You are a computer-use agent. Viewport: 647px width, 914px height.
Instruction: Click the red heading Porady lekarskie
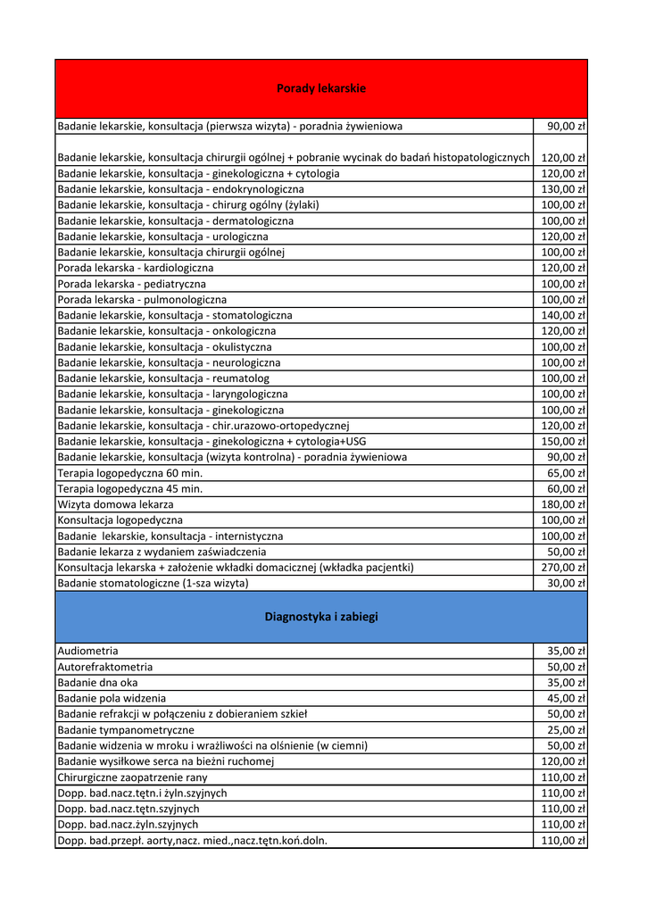[x=321, y=88]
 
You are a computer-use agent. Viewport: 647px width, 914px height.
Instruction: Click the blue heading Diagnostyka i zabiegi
[x=321, y=617]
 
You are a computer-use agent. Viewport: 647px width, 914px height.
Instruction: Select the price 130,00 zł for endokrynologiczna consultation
[x=563, y=189]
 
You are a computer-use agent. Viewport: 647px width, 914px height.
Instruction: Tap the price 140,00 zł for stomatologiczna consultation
[x=563, y=315]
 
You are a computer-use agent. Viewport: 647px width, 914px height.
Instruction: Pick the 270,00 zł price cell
[x=563, y=567]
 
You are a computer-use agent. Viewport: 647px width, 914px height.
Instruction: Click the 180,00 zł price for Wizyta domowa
[x=563, y=504]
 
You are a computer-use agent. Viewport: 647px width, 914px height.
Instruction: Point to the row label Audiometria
[x=87, y=651]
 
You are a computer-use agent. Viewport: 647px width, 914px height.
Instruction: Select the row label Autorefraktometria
[x=105, y=667]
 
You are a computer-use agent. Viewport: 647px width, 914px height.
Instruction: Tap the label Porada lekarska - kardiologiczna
[x=136, y=268]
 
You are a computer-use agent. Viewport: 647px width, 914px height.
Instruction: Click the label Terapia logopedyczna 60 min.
[x=130, y=473]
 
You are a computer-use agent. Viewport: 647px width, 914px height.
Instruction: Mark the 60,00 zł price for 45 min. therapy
[x=566, y=488]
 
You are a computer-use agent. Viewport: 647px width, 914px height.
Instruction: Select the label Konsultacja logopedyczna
[x=120, y=519]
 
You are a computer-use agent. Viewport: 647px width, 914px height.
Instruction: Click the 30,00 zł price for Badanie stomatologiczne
[x=566, y=583]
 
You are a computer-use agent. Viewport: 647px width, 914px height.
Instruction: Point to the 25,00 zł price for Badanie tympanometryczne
[x=566, y=730]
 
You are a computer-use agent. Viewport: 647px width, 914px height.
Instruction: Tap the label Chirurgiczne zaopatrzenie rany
[x=132, y=777]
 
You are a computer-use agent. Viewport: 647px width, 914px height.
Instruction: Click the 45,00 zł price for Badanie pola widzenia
[x=566, y=698]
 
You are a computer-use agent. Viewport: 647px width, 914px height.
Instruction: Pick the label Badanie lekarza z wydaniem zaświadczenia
[x=162, y=552]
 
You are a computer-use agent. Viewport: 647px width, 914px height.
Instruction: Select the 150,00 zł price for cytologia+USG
[x=563, y=441]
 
